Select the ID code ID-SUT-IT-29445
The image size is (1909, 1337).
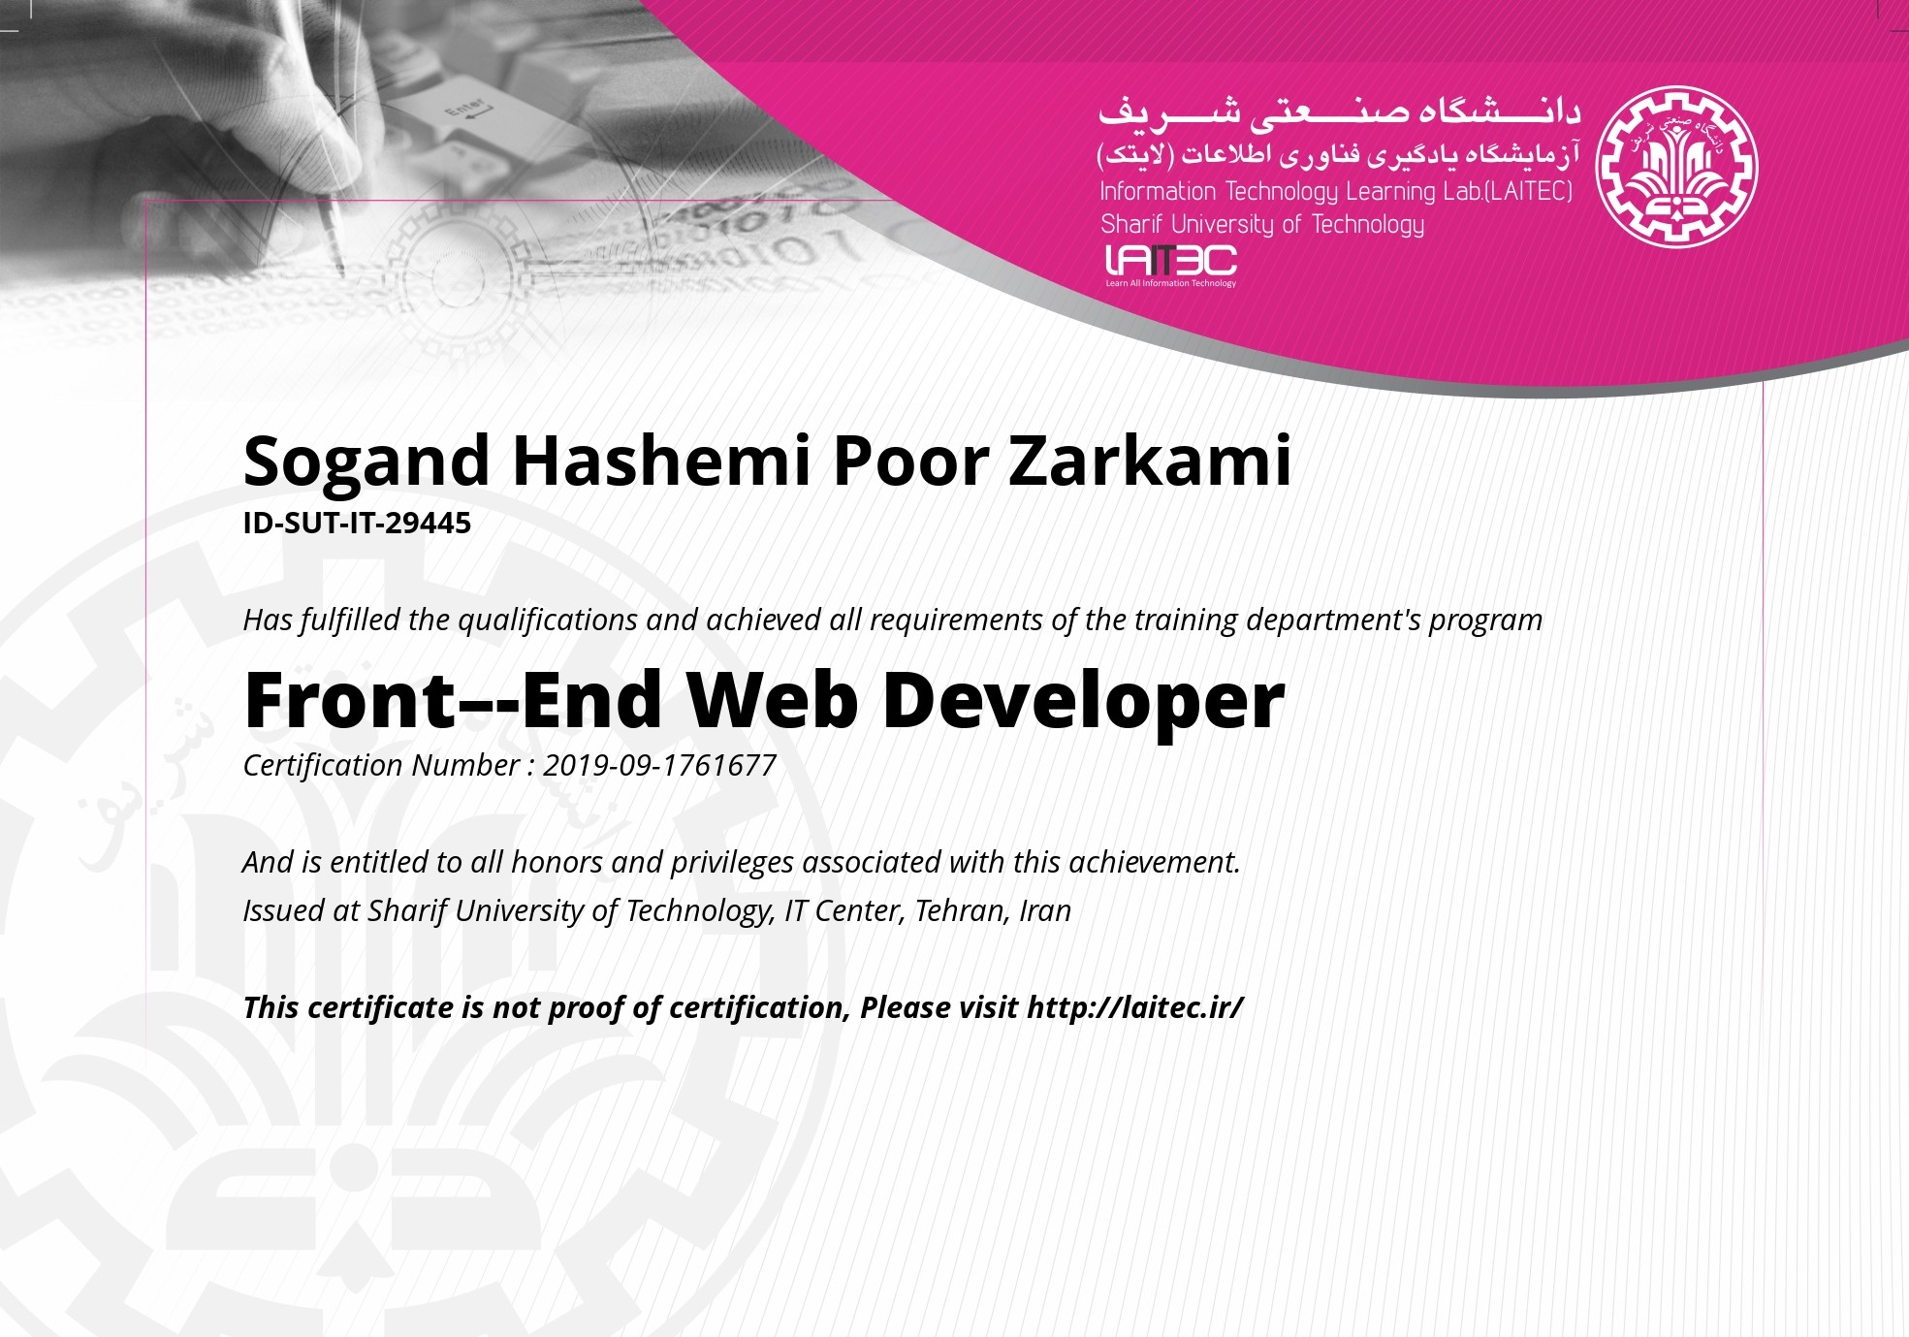click(x=357, y=524)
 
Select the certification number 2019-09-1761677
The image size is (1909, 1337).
click(x=659, y=766)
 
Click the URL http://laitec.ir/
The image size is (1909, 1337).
click(x=1134, y=1007)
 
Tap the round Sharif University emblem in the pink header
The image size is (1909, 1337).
click(x=1676, y=166)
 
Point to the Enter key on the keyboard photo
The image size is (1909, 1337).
click(x=465, y=111)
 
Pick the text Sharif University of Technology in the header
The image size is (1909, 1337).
click(x=1262, y=225)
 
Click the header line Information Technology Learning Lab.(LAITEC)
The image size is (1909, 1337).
click(x=1336, y=192)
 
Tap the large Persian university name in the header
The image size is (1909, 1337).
click(x=1339, y=112)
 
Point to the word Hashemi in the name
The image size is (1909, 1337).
click(x=661, y=460)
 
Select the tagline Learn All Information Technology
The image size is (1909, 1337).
click(x=1171, y=283)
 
